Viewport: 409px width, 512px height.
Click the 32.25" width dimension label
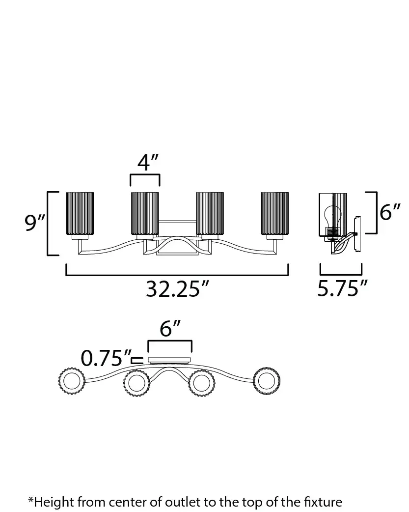coord(177,288)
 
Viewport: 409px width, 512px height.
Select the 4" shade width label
coord(147,162)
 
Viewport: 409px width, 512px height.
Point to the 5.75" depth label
coord(342,288)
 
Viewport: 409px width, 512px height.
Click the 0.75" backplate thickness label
coord(106,358)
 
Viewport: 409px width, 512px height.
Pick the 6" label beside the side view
coord(390,212)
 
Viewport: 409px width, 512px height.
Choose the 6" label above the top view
coord(170,328)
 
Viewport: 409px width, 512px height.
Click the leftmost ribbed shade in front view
coord(80,214)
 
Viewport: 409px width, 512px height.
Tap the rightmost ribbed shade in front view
coord(275,214)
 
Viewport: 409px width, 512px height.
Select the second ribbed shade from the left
coord(145,214)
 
